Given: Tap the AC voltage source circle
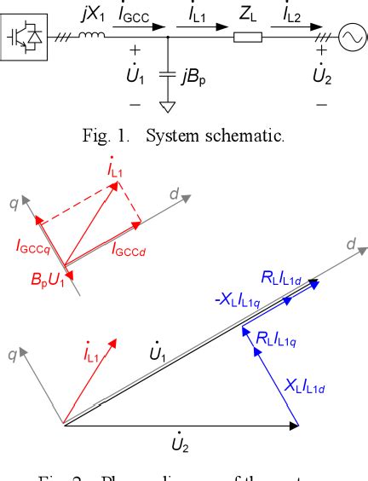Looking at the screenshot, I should pyautogui.click(x=349, y=36).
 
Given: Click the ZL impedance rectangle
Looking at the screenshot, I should pyautogui.click(x=247, y=36).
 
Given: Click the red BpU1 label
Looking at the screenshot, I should pyautogui.click(x=37, y=282).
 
